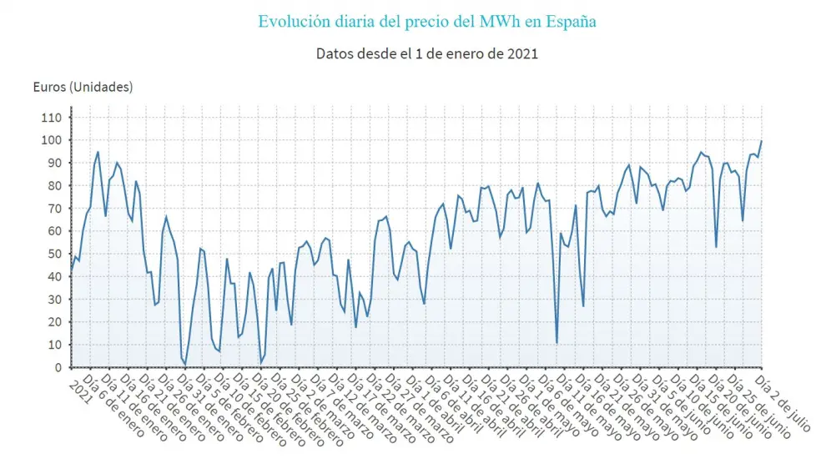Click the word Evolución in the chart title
pyautogui.click(x=289, y=22)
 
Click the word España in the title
pyautogui.click(x=571, y=22)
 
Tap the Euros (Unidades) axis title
pyautogui.click(x=83, y=87)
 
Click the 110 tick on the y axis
pyautogui.click(x=52, y=118)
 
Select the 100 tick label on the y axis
pyautogui.click(x=52, y=140)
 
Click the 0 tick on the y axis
pyautogui.click(x=58, y=367)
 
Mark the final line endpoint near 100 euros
pyautogui.click(x=761, y=142)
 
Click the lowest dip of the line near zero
pyautogui.click(x=185, y=365)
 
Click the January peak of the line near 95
pyautogui.click(x=98, y=152)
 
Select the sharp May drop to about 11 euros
pyautogui.click(x=557, y=342)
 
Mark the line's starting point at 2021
pyautogui.click(x=71, y=269)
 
